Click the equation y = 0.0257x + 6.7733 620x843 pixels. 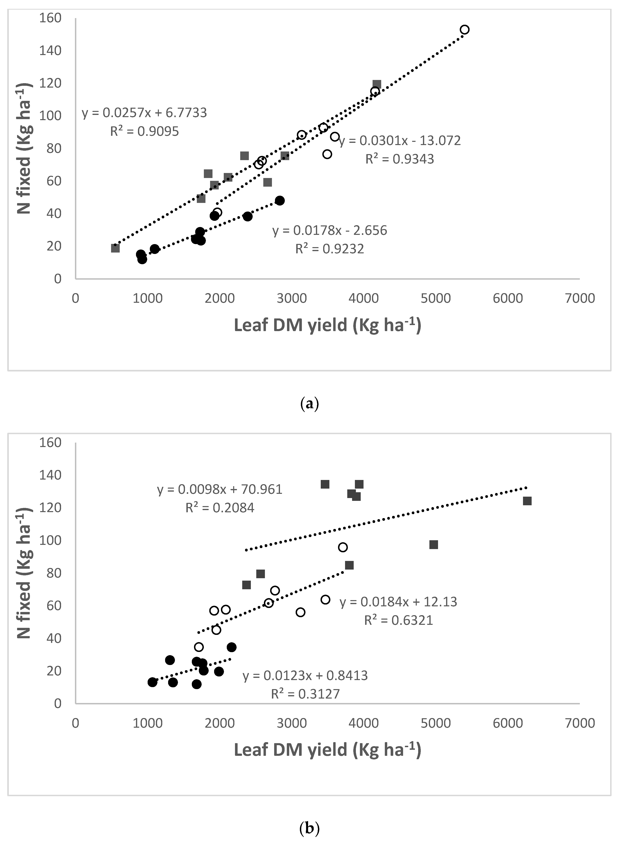(144, 113)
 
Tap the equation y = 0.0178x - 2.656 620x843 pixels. (330, 230)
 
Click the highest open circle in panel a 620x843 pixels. (465, 30)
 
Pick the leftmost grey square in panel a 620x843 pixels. (115, 248)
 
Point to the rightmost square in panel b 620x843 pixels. (527, 501)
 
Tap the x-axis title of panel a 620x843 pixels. (327, 325)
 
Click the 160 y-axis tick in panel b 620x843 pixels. (50, 443)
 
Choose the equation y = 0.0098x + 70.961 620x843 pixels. (220, 489)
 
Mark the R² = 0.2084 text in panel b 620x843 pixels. (220, 508)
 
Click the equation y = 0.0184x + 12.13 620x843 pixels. (398, 602)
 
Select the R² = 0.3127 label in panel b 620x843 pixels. (305, 694)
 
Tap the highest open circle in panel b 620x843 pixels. (343, 547)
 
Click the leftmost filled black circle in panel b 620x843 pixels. (152, 682)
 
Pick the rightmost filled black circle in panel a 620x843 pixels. (280, 201)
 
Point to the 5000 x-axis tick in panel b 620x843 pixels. (435, 723)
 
